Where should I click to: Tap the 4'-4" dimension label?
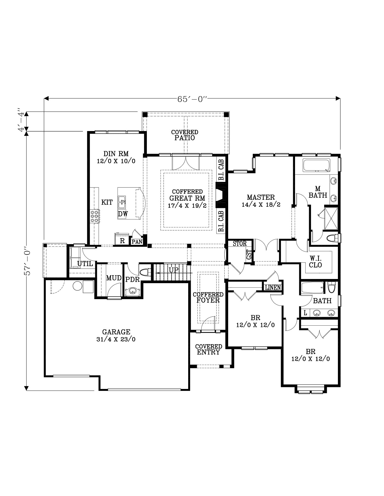21,121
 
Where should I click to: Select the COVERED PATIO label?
185,135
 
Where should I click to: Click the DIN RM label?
116,157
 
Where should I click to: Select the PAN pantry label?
137,242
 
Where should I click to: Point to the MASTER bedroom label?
261,201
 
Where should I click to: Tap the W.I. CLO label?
316,262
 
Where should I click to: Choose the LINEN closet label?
273,288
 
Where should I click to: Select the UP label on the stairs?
173,270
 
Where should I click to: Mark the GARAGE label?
116,335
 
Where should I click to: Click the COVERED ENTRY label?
209,349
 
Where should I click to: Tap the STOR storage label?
240,244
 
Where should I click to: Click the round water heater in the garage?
77,286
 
